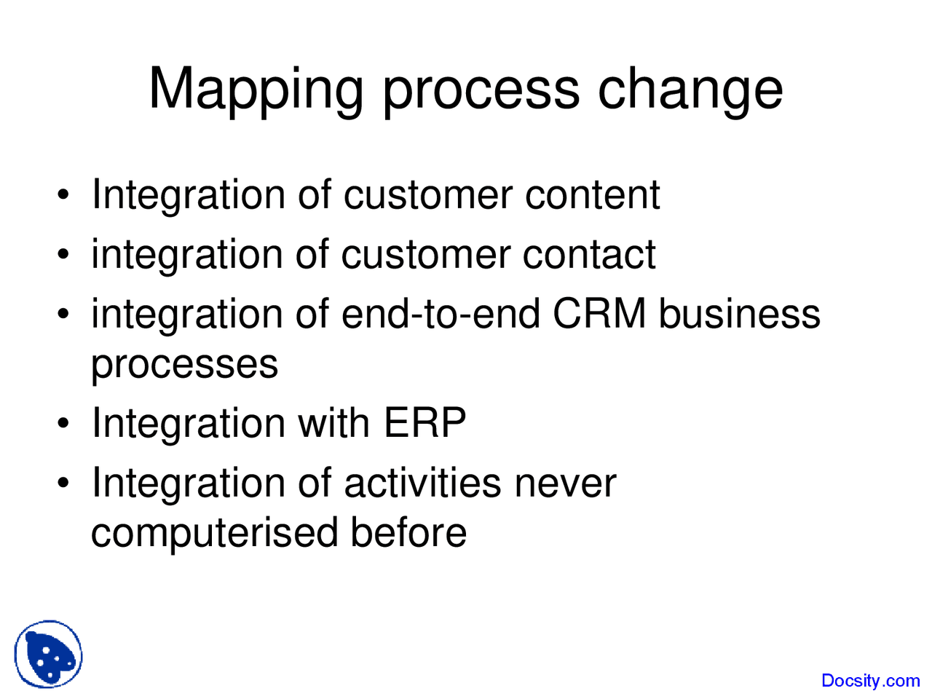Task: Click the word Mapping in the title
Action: click(256, 90)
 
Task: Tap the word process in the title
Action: click(481, 90)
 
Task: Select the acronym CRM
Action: click(599, 315)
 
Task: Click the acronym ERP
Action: click(424, 423)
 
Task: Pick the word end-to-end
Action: click(441, 315)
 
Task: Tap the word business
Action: click(739, 315)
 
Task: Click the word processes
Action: click(184, 364)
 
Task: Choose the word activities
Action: click(422, 483)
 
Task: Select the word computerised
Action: click(214, 532)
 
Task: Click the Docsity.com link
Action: click(870, 681)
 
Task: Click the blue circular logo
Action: click(48, 655)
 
